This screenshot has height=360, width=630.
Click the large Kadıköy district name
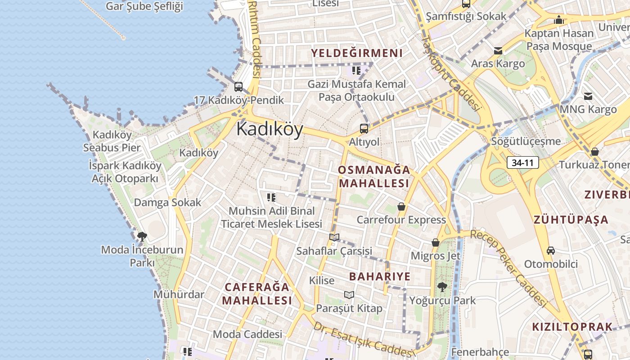point(270,129)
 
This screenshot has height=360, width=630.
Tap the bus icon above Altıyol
point(364,128)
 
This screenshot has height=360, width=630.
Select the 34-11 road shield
point(523,162)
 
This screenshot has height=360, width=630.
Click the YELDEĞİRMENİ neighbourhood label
point(357,53)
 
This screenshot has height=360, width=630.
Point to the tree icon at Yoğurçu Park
point(442,287)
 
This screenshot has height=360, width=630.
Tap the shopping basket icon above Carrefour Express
point(401,207)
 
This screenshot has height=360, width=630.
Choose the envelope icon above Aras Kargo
point(498,51)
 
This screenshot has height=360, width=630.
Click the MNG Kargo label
point(588,109)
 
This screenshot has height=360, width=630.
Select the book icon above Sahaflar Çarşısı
point(334,237)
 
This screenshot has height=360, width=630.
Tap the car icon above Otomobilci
point(551,250)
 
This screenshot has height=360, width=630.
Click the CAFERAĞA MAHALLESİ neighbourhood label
point(257,293)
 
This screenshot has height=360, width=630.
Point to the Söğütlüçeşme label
point(526,141)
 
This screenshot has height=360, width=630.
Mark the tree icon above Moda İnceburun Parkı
point(142,236)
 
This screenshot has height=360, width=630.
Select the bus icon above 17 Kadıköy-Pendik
point(238,87)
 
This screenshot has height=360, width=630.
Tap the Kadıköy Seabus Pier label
point(112,141)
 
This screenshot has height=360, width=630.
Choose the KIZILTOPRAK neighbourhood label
point(572,327)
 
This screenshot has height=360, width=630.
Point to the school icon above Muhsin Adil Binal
point(271,197)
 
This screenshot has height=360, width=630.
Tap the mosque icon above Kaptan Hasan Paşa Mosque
point(559,20)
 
